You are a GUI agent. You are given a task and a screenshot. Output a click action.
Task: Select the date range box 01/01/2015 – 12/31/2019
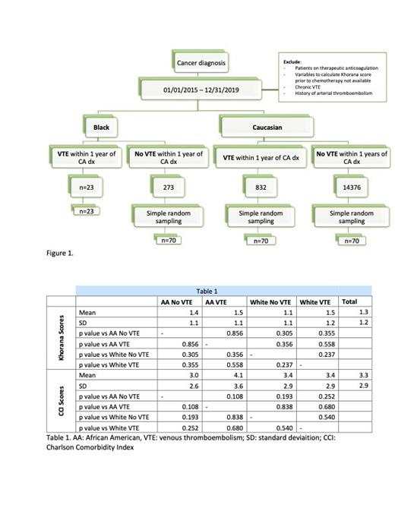click(x=201, y=90)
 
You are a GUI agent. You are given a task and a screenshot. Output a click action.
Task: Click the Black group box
click(x=101, y=127)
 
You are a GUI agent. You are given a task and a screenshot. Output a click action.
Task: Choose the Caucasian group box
click(x=267, y=127)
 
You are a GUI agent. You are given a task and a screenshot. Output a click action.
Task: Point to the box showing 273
click(x=169, y=185)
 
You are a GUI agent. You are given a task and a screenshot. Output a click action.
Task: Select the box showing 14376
click(x=351, y=185)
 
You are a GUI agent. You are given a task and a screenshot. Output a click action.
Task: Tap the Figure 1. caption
click(x=62, y=254)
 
